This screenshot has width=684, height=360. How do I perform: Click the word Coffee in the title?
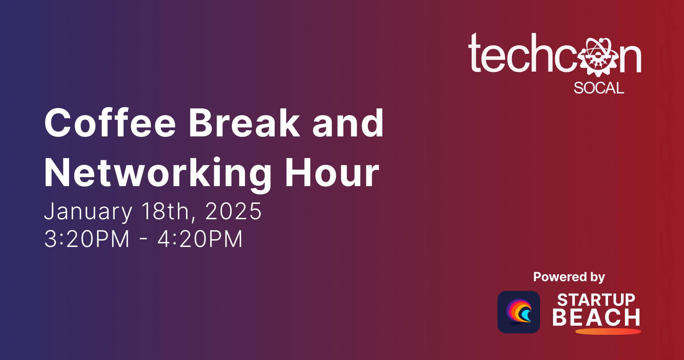110,123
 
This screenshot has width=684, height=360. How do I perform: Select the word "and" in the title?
348,123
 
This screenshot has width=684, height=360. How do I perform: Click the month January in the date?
88,211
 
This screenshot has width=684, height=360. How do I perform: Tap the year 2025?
233,211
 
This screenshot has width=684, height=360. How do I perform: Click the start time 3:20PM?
87,239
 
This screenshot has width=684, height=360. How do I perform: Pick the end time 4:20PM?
200,239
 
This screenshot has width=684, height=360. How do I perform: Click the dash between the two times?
143,239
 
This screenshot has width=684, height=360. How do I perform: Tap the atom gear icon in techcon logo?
598,57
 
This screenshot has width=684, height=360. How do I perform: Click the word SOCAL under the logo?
599,88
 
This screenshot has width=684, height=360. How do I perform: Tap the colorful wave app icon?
518,312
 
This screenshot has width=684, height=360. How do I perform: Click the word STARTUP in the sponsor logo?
596,300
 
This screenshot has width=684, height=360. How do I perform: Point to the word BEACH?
596,318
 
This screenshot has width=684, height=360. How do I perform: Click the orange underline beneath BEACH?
608,331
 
